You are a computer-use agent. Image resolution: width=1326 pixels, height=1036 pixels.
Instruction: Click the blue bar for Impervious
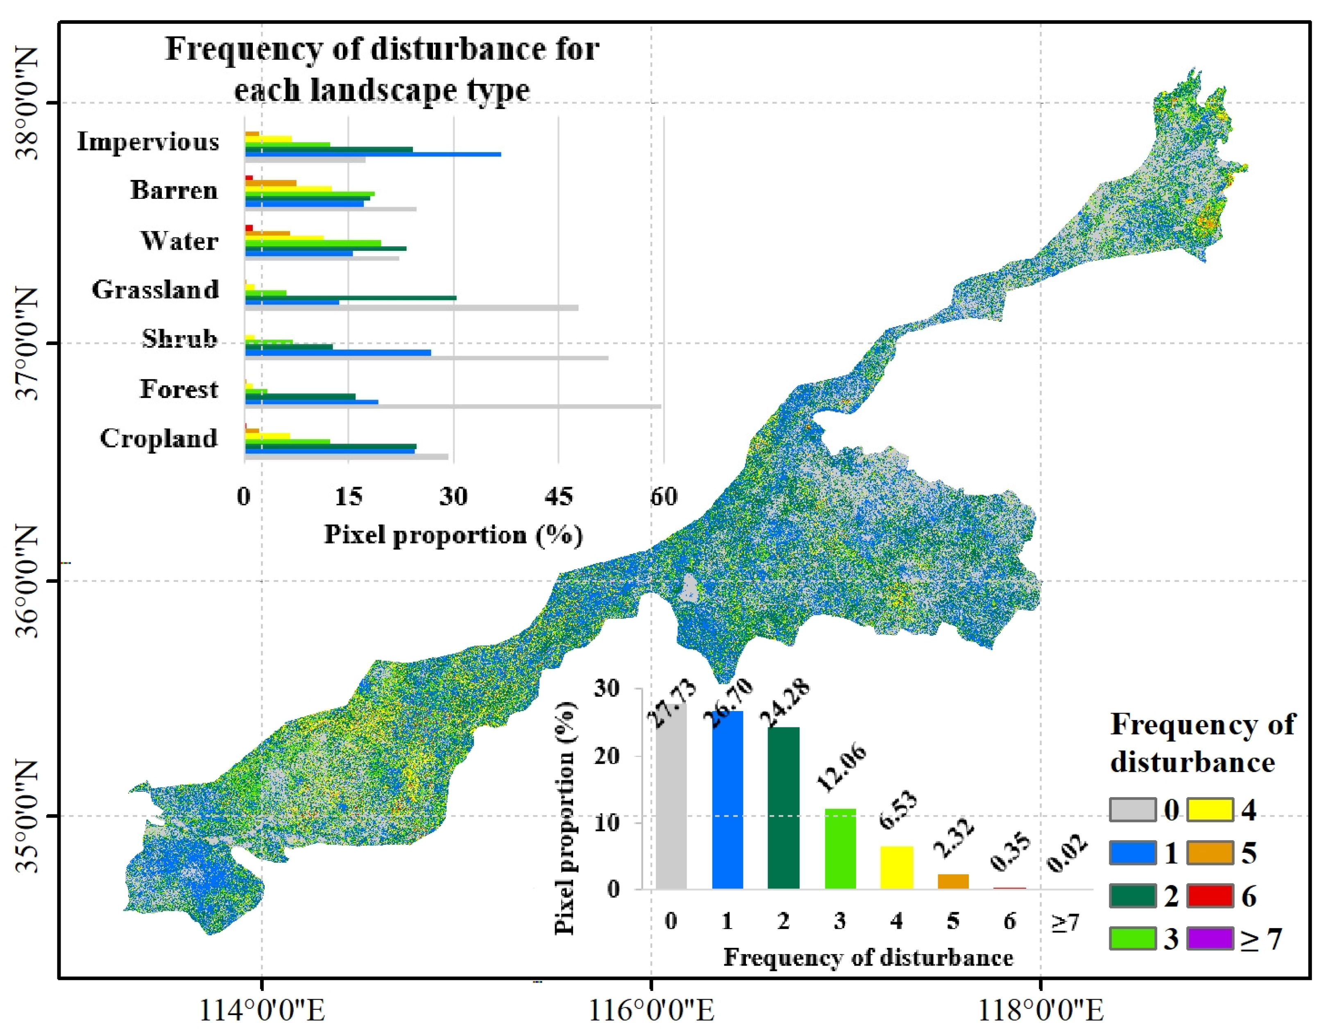click(373, 154)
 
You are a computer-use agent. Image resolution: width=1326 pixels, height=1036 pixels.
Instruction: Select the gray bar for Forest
click(452, 406)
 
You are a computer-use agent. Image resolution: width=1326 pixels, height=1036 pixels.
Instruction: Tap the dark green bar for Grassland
click(350, 298)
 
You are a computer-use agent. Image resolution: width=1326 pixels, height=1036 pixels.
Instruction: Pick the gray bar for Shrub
click(426, 358)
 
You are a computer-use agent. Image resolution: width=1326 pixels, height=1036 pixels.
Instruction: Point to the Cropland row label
click(159, 438)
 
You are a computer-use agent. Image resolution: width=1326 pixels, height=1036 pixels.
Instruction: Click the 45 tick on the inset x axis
click(558, 497)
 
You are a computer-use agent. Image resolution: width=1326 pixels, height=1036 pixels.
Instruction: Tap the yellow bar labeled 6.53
click(896, 867)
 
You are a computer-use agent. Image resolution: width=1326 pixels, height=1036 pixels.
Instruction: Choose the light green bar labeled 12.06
click(840, 848)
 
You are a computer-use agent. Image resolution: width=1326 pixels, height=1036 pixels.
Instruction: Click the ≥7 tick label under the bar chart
click(1065, 922)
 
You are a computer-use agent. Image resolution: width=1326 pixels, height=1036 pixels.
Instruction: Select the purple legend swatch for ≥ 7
click(1209, 938)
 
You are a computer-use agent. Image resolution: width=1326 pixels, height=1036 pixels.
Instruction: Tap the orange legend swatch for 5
click(1209, 852)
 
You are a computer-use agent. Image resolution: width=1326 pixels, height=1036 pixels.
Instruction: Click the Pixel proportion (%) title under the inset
click(453, 535)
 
